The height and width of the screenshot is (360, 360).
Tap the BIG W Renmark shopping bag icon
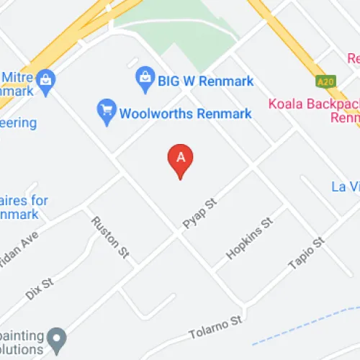click(145, 76)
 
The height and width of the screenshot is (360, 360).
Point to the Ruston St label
click(110, 236)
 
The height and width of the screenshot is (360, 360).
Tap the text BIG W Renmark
click(205, 81)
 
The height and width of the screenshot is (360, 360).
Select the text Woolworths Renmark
click(185, 113)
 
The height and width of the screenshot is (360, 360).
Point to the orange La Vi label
click(345, 187)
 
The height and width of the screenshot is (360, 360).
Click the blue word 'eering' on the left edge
click(17, 123)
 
